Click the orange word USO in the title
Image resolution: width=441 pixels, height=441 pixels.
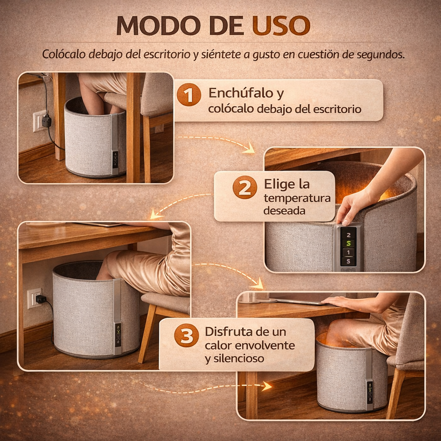pyautogui.click(x=281, y=26)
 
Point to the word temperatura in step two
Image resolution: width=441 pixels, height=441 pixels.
pyautogui.click(x=297, y=198)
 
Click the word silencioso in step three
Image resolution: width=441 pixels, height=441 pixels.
pyautogui.click(x=234, y=358)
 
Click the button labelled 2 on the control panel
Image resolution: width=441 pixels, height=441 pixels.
pyautogui.click(x=348, y=234)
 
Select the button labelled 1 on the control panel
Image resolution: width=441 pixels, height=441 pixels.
pyautogui.click(x=348, y=252)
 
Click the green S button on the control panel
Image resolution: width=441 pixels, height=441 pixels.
pyautogui.click(x=348, y=243)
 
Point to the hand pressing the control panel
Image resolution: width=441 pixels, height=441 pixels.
pyautogui.click(x=351, y=207)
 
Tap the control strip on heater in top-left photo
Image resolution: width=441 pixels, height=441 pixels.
pyautogui.click(x=115, y=159)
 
